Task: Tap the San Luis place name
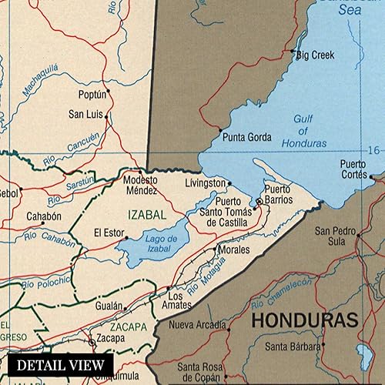[86, 114]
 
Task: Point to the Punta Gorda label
[246, 137]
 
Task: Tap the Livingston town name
[206, 183]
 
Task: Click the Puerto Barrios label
[279, 194]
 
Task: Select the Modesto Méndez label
[141, 185]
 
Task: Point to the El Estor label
[109, 232]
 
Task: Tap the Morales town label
[233, 250]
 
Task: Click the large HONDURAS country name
[305, 320]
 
